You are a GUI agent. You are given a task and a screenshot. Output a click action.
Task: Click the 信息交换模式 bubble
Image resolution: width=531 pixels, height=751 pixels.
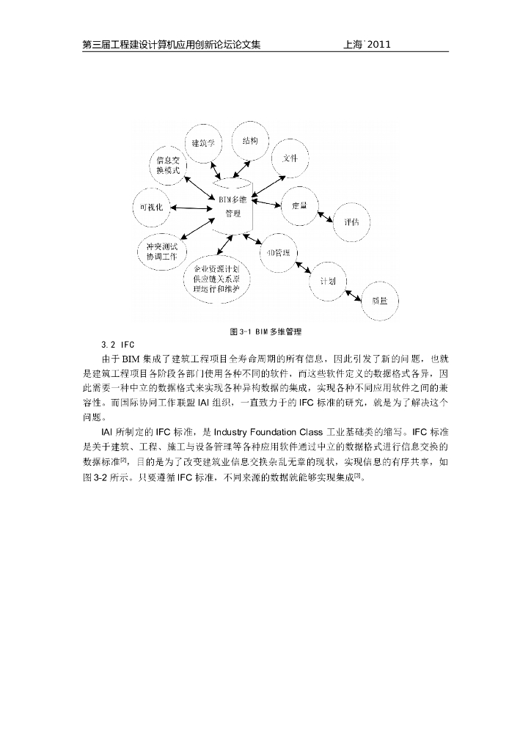tap(168, 164)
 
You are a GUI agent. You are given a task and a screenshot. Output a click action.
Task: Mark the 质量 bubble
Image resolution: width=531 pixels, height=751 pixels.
tap(380, 300)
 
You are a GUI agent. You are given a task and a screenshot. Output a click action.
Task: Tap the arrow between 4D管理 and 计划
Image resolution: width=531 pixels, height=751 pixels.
tap(305, 267)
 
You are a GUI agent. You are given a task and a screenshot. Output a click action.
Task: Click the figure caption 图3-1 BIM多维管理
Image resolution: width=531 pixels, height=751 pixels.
tap(265, 331)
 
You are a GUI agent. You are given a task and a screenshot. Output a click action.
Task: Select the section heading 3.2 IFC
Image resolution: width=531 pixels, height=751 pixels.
tap(118, 344)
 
